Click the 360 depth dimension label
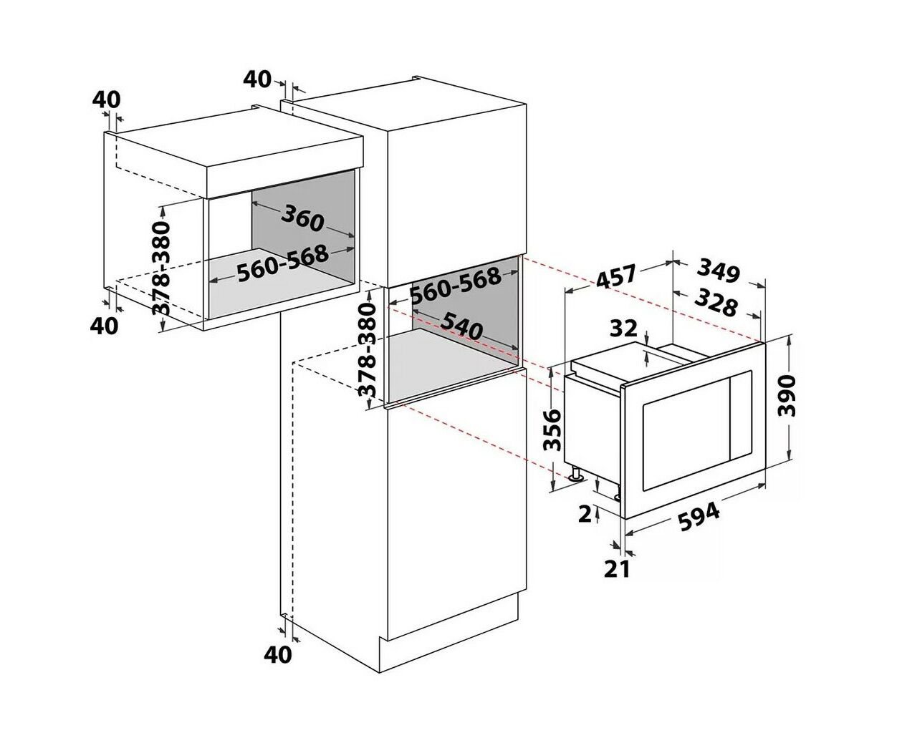(x=302, y=218)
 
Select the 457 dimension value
(x=616, y=276)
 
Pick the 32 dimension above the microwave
(x=623, y=329)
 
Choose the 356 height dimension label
(x=553, y=429)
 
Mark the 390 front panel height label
(x=786, y=396)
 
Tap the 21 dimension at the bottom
(x=617, y=569)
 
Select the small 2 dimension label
(x=585, y=515)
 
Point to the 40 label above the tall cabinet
(x=257, y=79)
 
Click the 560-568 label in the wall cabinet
(x=283, y=263)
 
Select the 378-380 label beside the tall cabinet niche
(x=368, y=350)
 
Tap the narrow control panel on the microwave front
(x=742, y=416)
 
